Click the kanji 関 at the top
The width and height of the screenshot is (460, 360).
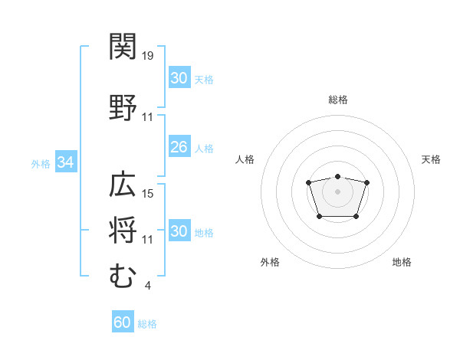coord(123,46)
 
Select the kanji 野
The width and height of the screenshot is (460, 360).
coord(123,107)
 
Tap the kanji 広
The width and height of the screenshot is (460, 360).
coord(123,184)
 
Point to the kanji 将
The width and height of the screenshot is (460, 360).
coord(123,230)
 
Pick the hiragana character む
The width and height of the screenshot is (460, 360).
coord(123,275)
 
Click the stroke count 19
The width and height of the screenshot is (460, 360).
coord(147,56)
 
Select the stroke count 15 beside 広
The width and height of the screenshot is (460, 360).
coord(147,194)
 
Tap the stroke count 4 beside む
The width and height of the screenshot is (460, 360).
coord(147,285)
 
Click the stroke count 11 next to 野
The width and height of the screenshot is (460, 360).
coord(147,117)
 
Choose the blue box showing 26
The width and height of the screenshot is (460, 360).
coord(179,146)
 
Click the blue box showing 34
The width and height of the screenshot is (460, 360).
coord(66,162)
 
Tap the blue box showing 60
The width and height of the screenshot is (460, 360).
coord(123,321)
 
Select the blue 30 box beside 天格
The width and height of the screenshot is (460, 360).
coord(179,77)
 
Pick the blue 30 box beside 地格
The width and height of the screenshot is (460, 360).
coord(179,230)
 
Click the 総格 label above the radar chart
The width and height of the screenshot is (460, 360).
coord(338,100)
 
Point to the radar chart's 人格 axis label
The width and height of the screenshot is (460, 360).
coord(245,159)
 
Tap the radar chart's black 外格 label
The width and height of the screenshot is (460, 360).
coord(270,262)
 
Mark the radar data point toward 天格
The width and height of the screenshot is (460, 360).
coord(366,182)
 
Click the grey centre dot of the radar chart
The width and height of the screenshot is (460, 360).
coord(337,191)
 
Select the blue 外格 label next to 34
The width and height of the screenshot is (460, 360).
coord(41,164)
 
